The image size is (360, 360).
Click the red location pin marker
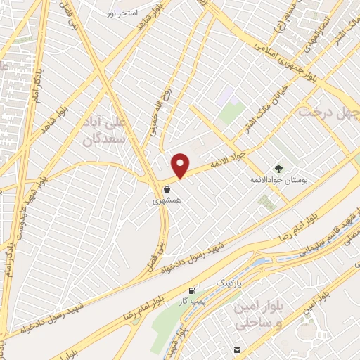(181, 165)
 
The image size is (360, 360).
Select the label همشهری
(167, 200)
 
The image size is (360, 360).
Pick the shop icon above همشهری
(167, 189)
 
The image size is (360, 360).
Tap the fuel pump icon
(193, 290)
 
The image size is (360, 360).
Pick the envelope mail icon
(238, 350)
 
